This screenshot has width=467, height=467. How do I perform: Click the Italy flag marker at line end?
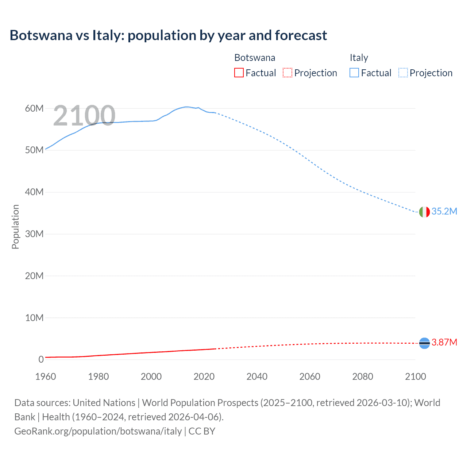click(424, 212)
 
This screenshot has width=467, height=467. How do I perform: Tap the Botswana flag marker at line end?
click(424, 343)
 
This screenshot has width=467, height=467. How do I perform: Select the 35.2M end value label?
click(444, 212)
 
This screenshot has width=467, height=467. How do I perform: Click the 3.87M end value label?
click(444, 342)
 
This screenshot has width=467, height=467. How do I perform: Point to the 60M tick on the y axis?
click(34, 108)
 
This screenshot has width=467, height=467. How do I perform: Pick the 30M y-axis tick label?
click(34, 234)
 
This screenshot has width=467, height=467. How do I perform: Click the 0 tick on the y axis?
click(41, 359)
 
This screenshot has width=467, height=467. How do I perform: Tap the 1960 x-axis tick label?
click(46, 377)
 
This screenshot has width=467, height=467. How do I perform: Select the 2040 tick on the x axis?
click(257, 377)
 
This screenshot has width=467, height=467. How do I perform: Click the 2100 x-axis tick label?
click(415, 377)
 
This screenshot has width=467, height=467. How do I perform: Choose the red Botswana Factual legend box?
click(239, 73)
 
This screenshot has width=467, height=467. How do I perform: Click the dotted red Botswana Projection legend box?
click(287, 73)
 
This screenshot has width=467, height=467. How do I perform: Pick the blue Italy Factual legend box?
click(354, 73)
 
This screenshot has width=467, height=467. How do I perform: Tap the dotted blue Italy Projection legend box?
click(403, 73)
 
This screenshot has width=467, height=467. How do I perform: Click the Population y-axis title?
click(15, 227)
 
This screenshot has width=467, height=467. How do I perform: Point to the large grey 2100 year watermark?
click(84, 116)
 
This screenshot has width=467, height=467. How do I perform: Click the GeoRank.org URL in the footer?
click(98, 431)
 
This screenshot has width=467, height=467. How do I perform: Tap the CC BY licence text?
click(202, 431)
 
